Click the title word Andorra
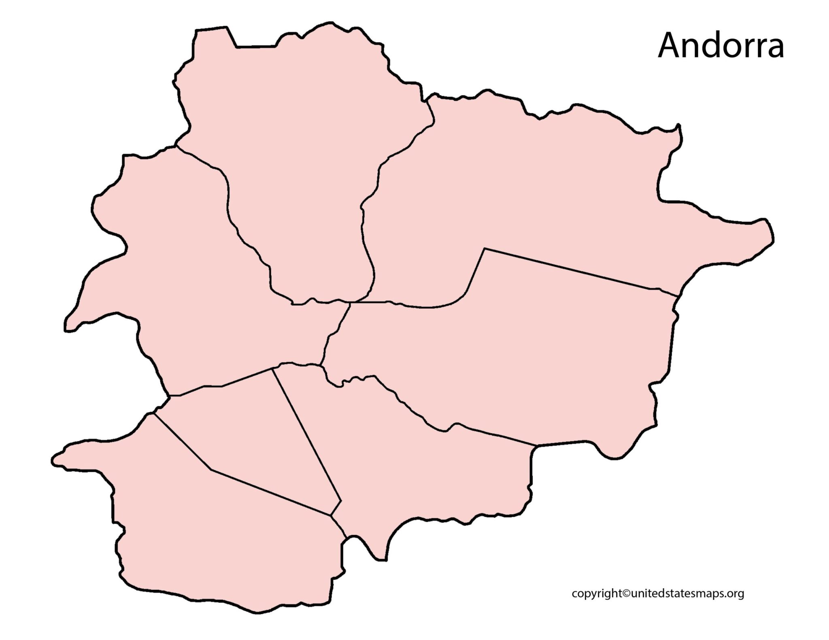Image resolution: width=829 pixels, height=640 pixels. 721,47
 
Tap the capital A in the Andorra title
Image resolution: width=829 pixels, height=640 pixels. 669,47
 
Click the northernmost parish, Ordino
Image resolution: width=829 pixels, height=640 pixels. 300,162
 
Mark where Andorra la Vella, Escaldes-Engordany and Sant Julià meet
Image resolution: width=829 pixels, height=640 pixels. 332,515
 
